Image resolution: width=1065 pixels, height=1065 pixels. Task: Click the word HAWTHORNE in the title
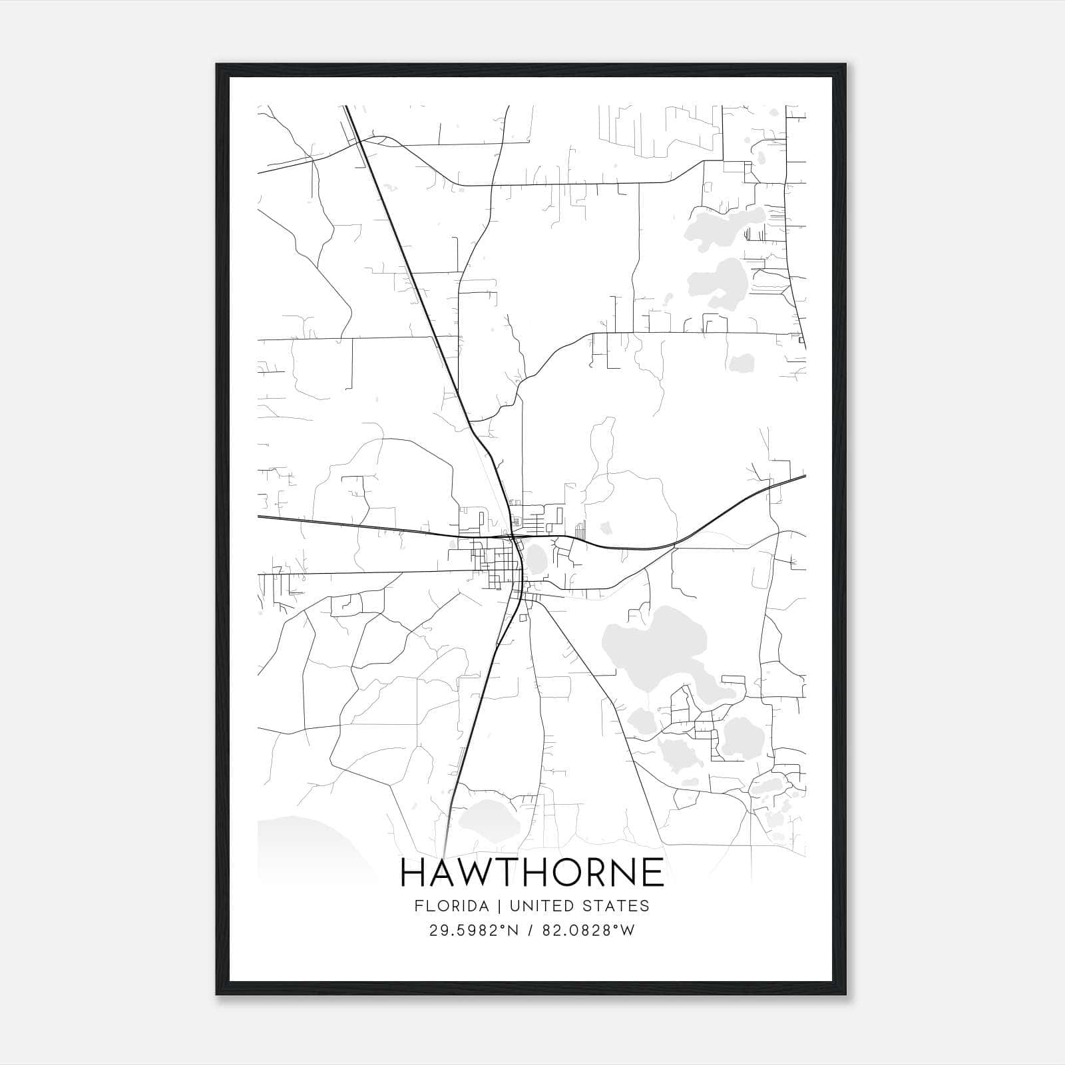click(x=532, y=873)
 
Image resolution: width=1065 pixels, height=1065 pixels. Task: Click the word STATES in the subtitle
click(x=618, y=906)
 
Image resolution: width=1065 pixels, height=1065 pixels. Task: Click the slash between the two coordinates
click(x=529, y=931)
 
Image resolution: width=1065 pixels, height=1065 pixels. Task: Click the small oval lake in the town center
click(x=536, y=558)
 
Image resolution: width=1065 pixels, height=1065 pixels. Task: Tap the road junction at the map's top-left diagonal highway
click(x=359, y=141)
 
